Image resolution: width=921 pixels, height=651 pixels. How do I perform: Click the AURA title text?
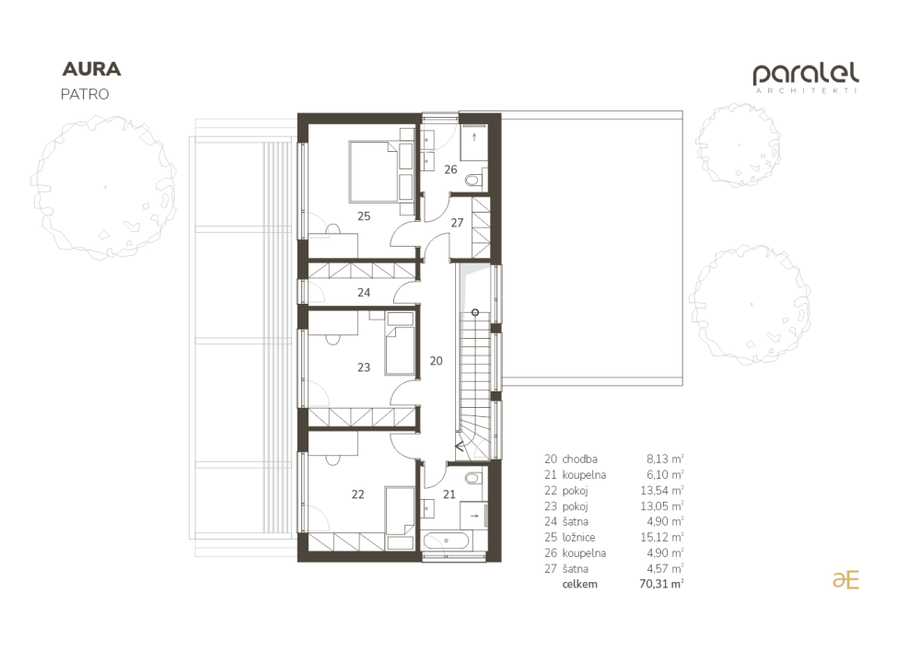[x=91, y=69]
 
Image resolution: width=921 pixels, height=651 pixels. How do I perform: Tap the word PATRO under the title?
[x=85, y=94]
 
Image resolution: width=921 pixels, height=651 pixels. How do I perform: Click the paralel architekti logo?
[x=805, y=77]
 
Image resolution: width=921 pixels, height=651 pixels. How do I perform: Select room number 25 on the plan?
[x=364, y=216]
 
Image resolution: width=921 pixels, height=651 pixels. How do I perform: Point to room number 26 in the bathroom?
[x=450, y=169]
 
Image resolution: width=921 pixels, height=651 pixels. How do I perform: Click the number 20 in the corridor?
[x=436, y=361]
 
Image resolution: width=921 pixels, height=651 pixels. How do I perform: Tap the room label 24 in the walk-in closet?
[x=364, y=292]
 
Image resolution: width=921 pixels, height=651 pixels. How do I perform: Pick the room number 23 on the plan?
[x=364, y=367]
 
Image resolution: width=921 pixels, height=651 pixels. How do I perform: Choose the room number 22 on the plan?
[x=357, y=494]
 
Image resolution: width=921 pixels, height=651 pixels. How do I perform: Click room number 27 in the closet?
[x=457, y=223]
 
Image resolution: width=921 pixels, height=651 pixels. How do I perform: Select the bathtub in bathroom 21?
[x=447, y=541]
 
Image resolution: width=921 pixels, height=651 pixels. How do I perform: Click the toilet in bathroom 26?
[x=474, y=180]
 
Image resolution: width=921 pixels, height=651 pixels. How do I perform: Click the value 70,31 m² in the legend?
[x=661, y=584]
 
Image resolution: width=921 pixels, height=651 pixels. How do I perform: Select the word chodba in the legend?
[x=579, y=459]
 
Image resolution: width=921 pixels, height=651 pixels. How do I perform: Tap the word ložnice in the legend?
[x=578, y=537]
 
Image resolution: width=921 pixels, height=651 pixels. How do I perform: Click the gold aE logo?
[x=845, y=580]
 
